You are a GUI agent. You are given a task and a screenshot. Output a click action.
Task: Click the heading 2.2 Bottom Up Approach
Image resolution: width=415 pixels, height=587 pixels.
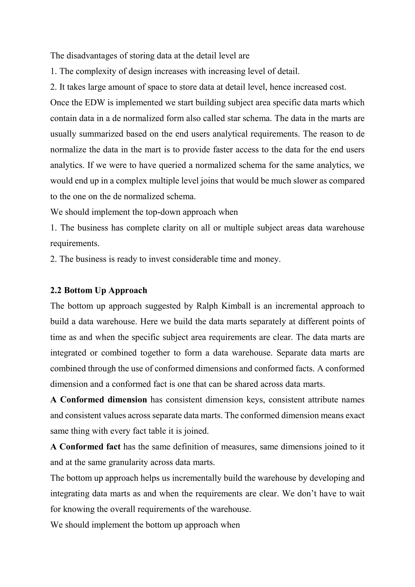(99, 290)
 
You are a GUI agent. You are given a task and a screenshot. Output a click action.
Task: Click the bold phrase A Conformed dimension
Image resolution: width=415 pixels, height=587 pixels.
(99, 400)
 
